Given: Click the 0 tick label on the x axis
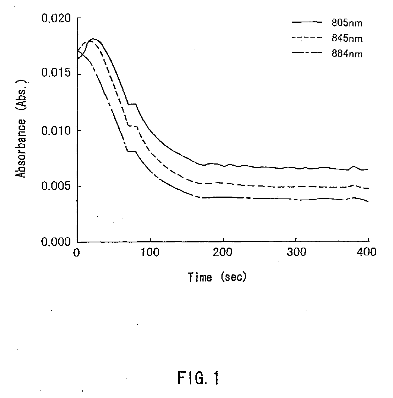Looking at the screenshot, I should (x=77, y=253).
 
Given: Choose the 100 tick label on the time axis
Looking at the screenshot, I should (x=150, y=253).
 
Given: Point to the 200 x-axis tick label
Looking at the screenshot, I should (x=223, y=253).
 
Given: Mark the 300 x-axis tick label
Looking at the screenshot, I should (x=295, y=253).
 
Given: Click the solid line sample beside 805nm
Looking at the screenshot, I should (x=307, y=22).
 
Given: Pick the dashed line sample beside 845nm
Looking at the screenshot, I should (x=307, y=38).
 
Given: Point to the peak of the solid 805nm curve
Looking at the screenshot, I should (x=93, y=39).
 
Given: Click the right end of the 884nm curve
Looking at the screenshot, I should (x=368, y=202).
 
